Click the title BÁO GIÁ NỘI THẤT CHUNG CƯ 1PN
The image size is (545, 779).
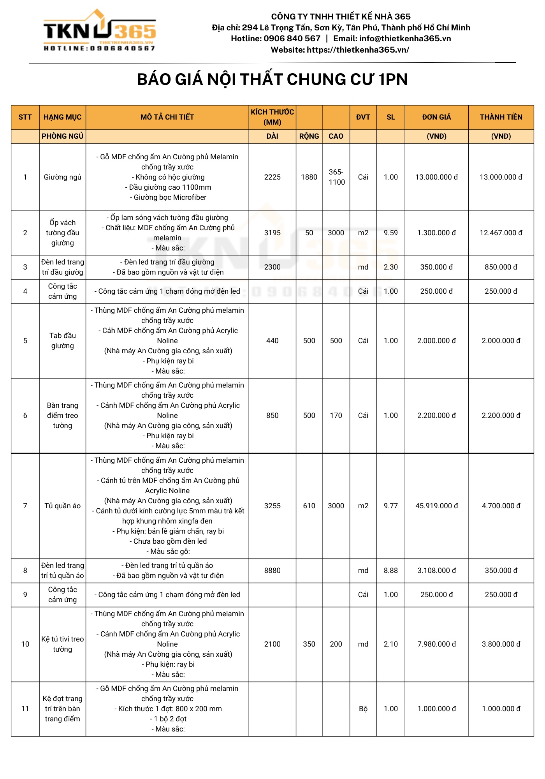[272, 79]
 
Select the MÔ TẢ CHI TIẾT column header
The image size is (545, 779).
[167, 117]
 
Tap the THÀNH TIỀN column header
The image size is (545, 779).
[501, 117]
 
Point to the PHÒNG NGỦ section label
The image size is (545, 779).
[62, 136]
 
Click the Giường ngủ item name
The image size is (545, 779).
[62, 177]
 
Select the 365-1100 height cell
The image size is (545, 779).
[336, 177]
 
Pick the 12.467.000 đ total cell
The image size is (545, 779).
[501, 233]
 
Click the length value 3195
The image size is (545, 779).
[272, 233]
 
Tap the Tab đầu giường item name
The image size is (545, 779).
[62, 341]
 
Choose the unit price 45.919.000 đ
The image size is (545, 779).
[436, 506]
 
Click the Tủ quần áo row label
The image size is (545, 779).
[62, 506]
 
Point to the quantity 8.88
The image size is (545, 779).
[390, 571]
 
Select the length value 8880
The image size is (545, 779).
[272, 571]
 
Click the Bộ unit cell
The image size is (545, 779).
[363, 709]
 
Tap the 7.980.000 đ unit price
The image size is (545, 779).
[436, 644]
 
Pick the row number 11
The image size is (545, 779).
[25, 709]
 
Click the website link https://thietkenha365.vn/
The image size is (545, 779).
[358, 50]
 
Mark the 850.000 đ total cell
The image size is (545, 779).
[501, 267]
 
